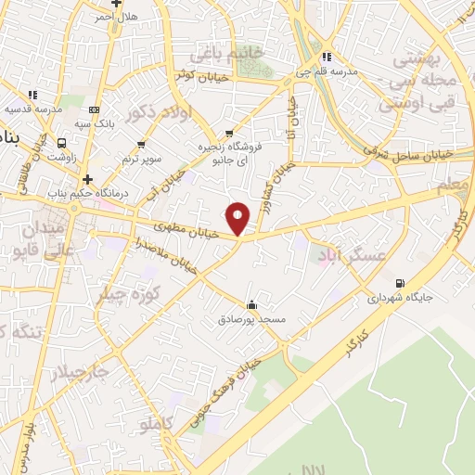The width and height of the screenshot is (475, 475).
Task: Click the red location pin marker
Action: (238, 219)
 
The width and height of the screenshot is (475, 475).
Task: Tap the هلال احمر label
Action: (116, 16)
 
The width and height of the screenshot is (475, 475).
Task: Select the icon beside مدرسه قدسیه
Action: (33, 95)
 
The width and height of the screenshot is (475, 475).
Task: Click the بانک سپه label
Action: (96, 122)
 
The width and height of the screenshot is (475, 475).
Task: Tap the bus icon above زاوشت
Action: (61, 143)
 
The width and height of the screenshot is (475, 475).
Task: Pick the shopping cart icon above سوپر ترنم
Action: (141, 144)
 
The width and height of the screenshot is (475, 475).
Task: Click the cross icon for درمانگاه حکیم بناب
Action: (87, 179)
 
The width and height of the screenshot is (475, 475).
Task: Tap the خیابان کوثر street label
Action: (198, 75)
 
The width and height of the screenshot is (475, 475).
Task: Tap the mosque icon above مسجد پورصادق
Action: (251, 304)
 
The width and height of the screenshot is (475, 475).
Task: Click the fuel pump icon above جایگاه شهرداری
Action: (401, 284)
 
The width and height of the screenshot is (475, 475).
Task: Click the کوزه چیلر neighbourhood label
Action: (129, 288)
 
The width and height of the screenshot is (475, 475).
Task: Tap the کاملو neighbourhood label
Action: (155, 426)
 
